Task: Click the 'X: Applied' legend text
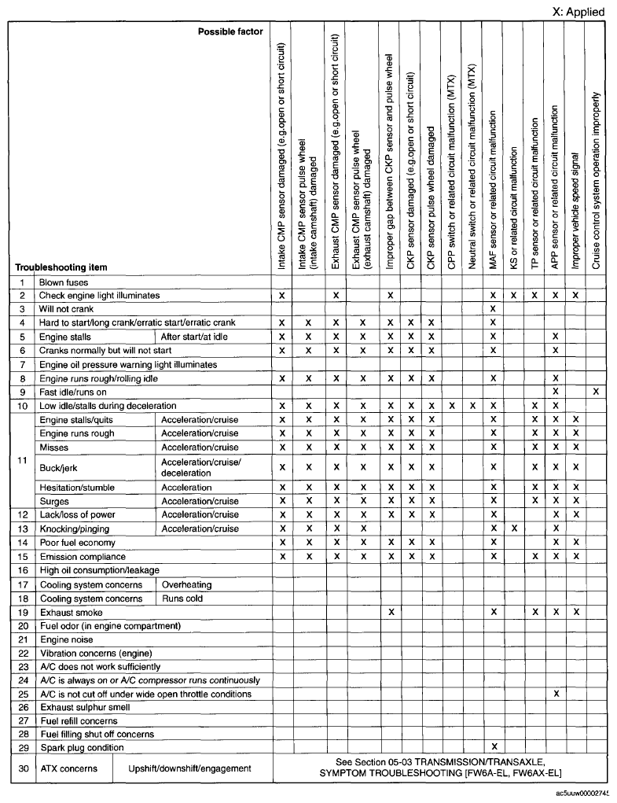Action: (x=578, y=12)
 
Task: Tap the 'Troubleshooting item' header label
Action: (x=61, y=267)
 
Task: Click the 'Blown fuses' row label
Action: (x=64, y=282)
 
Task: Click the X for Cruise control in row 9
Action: (x=596, y=392)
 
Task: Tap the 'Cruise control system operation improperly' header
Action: (x=596, y=181)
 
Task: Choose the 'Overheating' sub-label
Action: (x=186, y=585)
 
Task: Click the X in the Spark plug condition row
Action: (x=493, y=747)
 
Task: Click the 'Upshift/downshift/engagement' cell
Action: (x=190, y=768)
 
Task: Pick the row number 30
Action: (x=23, y=768)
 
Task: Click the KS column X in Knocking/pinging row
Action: (x=513, y=529)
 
